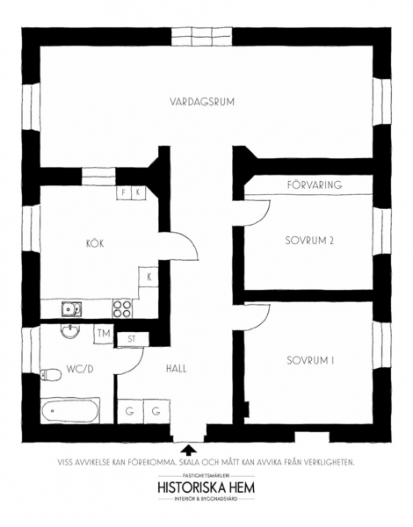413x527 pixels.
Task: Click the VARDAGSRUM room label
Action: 202,102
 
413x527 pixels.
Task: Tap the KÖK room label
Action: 95,243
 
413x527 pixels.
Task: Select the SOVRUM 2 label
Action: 309,241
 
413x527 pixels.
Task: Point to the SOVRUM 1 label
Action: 310,361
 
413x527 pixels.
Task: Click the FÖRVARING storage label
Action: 315,184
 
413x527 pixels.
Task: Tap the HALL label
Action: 177,369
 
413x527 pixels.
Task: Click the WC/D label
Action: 80,369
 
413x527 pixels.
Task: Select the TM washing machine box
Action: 104,334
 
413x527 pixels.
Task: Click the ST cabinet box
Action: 132,339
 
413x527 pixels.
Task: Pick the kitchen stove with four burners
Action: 122,309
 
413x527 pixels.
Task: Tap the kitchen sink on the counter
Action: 71,309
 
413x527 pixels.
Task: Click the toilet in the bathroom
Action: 51,374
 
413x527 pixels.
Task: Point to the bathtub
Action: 70,410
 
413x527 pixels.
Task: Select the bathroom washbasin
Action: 70,331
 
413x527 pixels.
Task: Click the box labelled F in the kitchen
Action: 124,193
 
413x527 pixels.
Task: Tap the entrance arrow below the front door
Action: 189,450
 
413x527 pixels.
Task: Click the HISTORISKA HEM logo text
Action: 206,487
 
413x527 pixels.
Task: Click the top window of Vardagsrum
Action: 202,37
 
